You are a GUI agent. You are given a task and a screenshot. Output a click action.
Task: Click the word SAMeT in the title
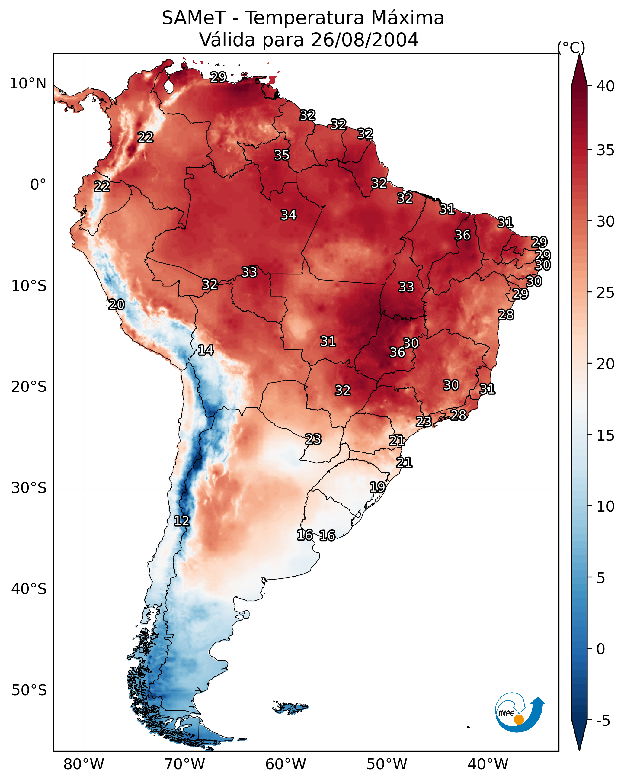point(194,18)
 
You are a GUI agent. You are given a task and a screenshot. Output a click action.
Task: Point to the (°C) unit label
point(571,47)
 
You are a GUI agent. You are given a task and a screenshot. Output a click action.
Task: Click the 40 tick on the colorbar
point(606,86)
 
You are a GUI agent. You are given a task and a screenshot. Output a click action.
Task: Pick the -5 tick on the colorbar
point(603,721)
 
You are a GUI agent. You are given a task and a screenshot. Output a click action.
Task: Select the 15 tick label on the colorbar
point(606,435)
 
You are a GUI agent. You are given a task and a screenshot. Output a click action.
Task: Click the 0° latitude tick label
point(38,185)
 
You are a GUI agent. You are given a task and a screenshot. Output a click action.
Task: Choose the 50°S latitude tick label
point(29,690)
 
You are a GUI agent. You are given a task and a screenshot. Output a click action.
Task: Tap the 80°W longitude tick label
point(84,764)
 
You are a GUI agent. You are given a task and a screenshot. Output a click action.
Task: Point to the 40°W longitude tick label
point(488,764)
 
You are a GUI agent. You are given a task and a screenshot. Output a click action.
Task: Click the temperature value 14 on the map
point(206,350)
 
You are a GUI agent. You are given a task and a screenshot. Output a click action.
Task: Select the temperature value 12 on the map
point(181,521)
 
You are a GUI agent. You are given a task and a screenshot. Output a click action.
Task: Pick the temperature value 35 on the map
point(282,155)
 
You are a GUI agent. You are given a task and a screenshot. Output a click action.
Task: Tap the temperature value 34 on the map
point(289,215)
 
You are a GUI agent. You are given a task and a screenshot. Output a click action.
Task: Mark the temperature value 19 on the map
point(377,487)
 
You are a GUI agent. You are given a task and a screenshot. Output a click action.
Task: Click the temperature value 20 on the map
point(117,305)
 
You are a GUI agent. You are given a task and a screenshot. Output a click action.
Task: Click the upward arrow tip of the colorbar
point(579,54)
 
